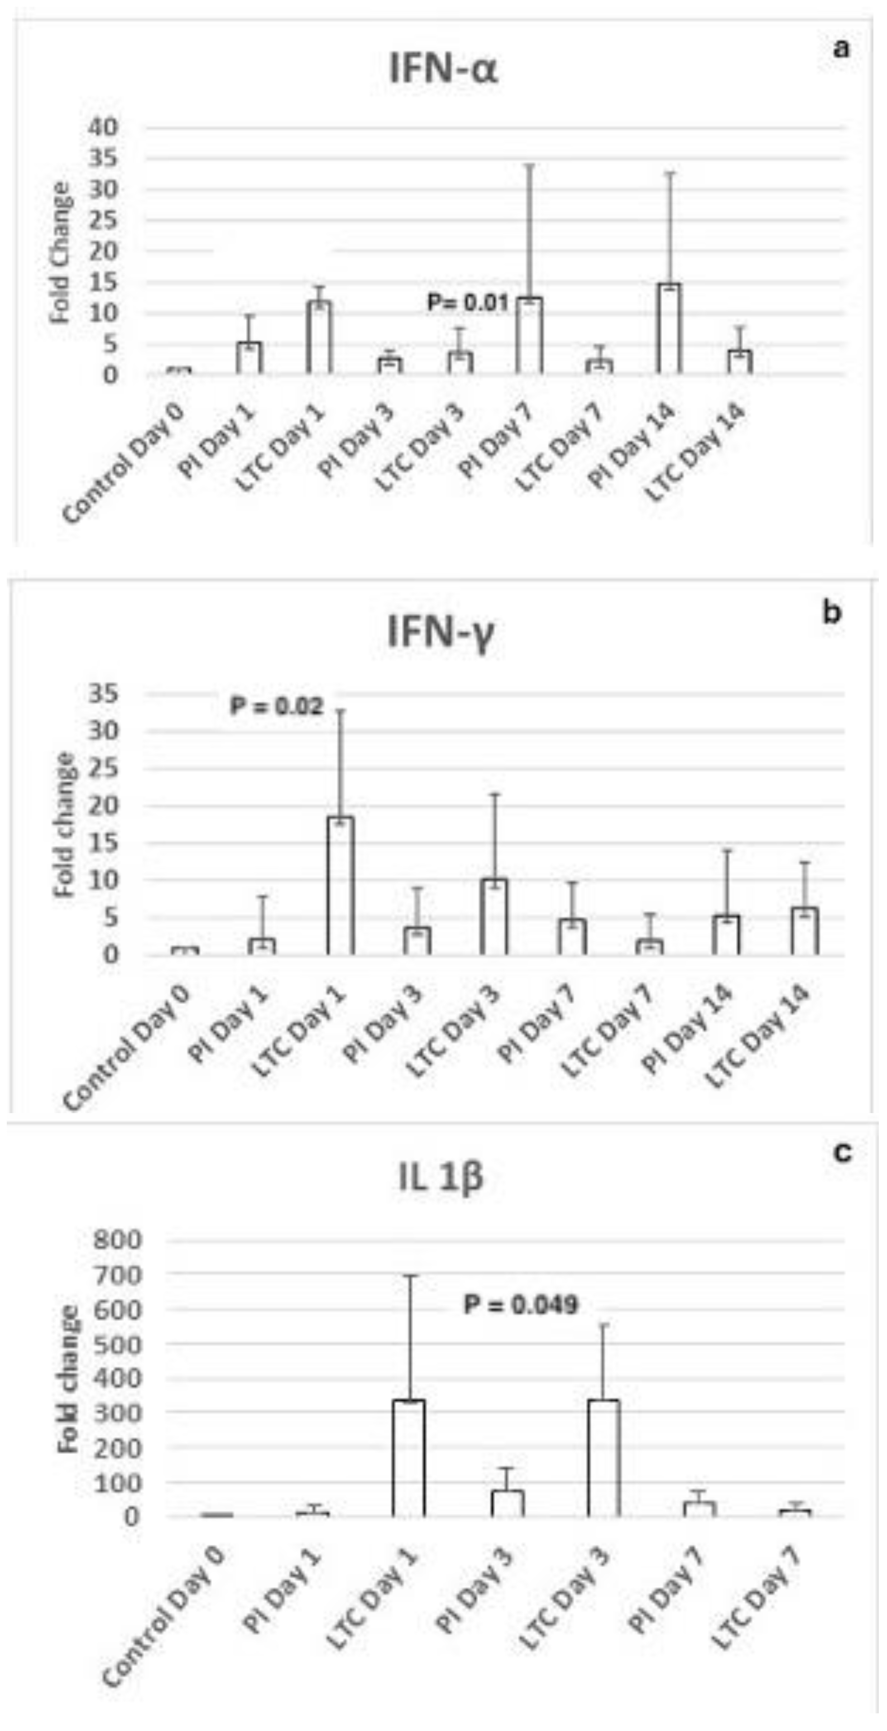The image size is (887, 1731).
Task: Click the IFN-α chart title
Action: tap(444, 70)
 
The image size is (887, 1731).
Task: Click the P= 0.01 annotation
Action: tap(468, 302)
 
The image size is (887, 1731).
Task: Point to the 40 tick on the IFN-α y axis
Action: tap(102, 127)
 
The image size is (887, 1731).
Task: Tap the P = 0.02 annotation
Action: tap(276, 706)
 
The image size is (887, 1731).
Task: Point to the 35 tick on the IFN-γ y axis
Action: tap(102, 693)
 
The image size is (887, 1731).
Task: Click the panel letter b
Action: tap(832, 613)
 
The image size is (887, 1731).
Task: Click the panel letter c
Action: tap(841, 1152)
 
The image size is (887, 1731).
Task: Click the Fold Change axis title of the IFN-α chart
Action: tap(61, 253)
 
